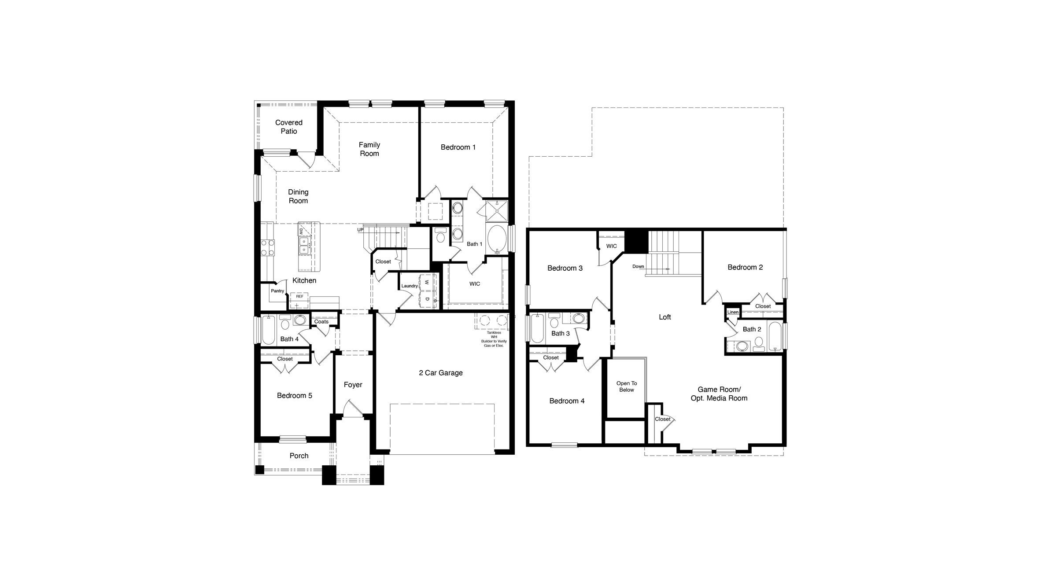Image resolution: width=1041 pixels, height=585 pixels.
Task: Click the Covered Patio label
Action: (289, 127)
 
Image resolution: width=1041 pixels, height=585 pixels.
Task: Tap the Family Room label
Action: (369, 149)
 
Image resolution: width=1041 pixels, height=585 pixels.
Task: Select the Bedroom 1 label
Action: (458, 147)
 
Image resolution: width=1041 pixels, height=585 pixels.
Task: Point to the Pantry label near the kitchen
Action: (277, 291)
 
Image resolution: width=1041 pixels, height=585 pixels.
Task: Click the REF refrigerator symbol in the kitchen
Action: (299, 297)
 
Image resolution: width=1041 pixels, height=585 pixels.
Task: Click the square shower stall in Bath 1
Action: (496, 212)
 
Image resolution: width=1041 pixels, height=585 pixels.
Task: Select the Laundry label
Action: (410, 286)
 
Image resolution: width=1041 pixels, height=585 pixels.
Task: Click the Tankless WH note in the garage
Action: (494, 339)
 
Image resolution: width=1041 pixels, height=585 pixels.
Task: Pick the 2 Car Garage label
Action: (440, 373)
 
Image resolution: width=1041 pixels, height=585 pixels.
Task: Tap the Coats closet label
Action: (321, 322)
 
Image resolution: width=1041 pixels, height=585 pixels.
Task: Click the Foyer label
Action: (353, 385)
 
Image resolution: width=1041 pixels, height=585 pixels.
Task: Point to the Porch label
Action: (299, 456)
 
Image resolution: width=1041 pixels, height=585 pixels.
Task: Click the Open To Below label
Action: (626, 386)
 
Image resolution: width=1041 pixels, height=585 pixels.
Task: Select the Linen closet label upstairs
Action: (733, 312)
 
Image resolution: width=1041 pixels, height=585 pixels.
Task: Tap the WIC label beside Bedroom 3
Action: (611, 246)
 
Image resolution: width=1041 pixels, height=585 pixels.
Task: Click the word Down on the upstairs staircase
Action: (638, 266)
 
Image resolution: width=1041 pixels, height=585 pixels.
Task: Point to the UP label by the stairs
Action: (360, 230)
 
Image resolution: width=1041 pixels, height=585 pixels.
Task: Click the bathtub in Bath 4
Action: (268, 330)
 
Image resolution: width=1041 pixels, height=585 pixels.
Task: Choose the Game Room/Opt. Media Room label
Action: (719, 394)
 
